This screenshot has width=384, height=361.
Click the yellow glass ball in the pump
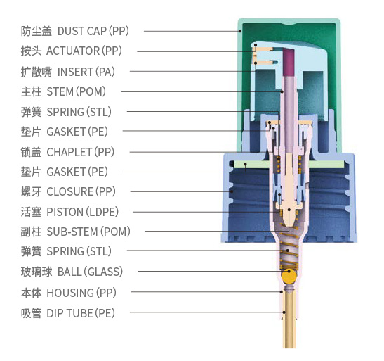coord(289,276)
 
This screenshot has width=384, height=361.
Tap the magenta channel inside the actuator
coord(289,62)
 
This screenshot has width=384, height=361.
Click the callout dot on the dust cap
coord(240,31)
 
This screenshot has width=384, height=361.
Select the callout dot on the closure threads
coord(232,191)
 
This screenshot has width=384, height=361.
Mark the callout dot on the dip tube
coord(284,312)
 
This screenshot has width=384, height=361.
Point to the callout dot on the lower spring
coord(288,251)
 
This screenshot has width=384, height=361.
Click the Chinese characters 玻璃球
coord(37,272)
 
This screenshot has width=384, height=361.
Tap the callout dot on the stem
coord(282,91)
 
